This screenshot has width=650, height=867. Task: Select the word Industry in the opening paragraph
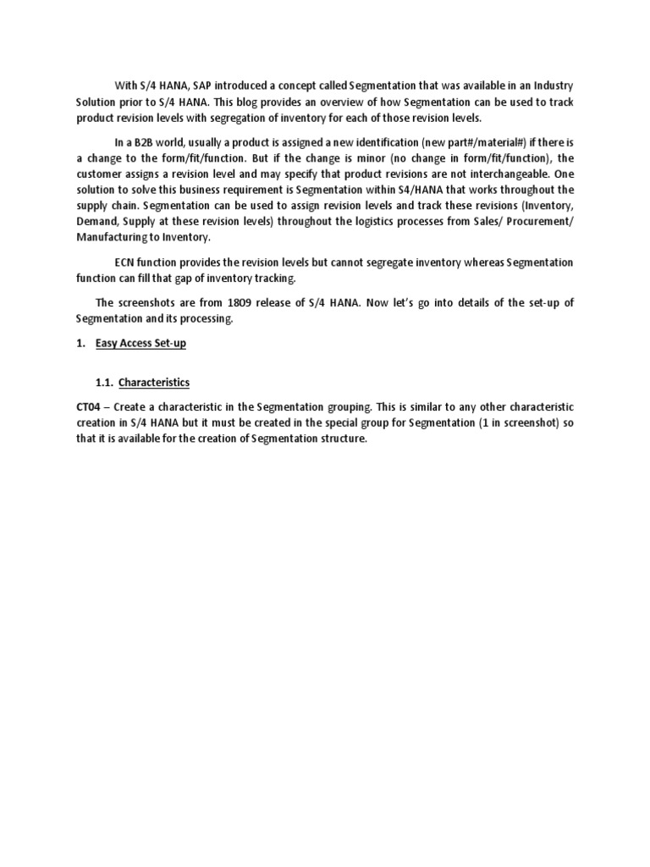pyautogui.click(x=551, y=86)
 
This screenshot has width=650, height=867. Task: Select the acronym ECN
pyautogui.click(x=125, y=263)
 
